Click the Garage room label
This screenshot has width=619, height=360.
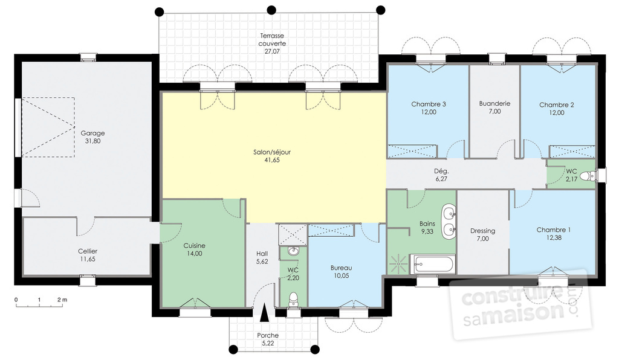92,133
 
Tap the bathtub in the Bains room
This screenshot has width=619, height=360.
433,264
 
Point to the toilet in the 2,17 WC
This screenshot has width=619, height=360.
591,175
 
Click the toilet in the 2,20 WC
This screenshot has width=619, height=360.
293,299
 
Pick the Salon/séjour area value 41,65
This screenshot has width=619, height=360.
272,160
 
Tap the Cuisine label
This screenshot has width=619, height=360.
194,246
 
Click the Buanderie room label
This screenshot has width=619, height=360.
494,103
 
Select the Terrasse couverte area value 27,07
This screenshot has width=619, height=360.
272,51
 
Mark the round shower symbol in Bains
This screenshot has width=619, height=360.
398,264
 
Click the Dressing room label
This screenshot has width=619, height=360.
482,231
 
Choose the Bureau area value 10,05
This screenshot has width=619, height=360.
341,276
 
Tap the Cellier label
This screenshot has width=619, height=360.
88,251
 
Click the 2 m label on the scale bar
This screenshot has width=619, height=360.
62,300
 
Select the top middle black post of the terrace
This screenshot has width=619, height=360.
271,10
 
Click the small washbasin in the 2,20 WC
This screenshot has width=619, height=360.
293,251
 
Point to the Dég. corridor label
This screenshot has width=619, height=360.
441,171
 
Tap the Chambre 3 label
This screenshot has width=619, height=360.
429,104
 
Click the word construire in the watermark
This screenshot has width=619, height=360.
514,294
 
